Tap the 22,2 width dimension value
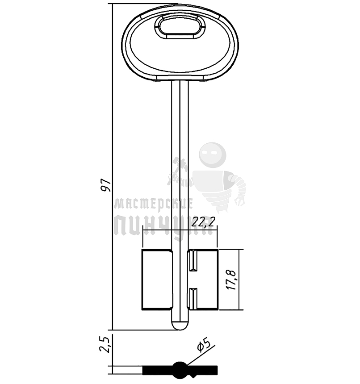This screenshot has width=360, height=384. [203, 222]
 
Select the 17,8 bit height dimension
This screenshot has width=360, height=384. [231, 280]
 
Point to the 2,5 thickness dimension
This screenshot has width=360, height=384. [105, 344]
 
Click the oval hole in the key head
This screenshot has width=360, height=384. [180, 26]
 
